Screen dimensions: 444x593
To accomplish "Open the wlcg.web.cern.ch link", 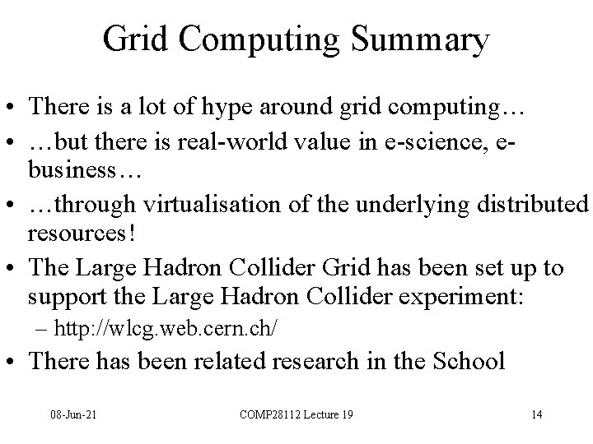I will pos(165,329).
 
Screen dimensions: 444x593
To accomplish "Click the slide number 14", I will pos(536,414).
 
